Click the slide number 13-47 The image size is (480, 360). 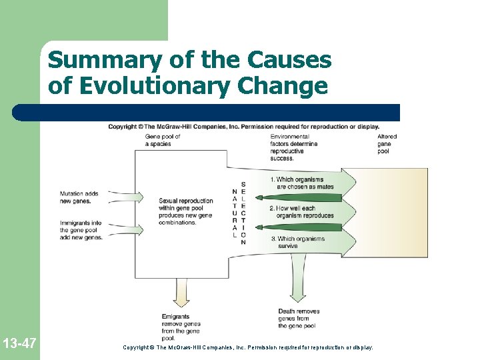pos(19,344)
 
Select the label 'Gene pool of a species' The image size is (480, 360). pos(163,140)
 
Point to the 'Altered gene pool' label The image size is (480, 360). pos(387,144)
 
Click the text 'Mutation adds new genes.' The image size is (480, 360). pos(79,197)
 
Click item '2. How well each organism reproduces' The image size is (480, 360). pos(301,211)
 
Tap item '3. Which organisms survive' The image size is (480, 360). pos(297,242)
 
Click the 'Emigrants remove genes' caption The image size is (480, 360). pos(181,327)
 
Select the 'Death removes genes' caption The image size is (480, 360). pos(299,319)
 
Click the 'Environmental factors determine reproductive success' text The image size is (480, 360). pos(293,147)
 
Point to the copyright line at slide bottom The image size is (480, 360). pos(248,347)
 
